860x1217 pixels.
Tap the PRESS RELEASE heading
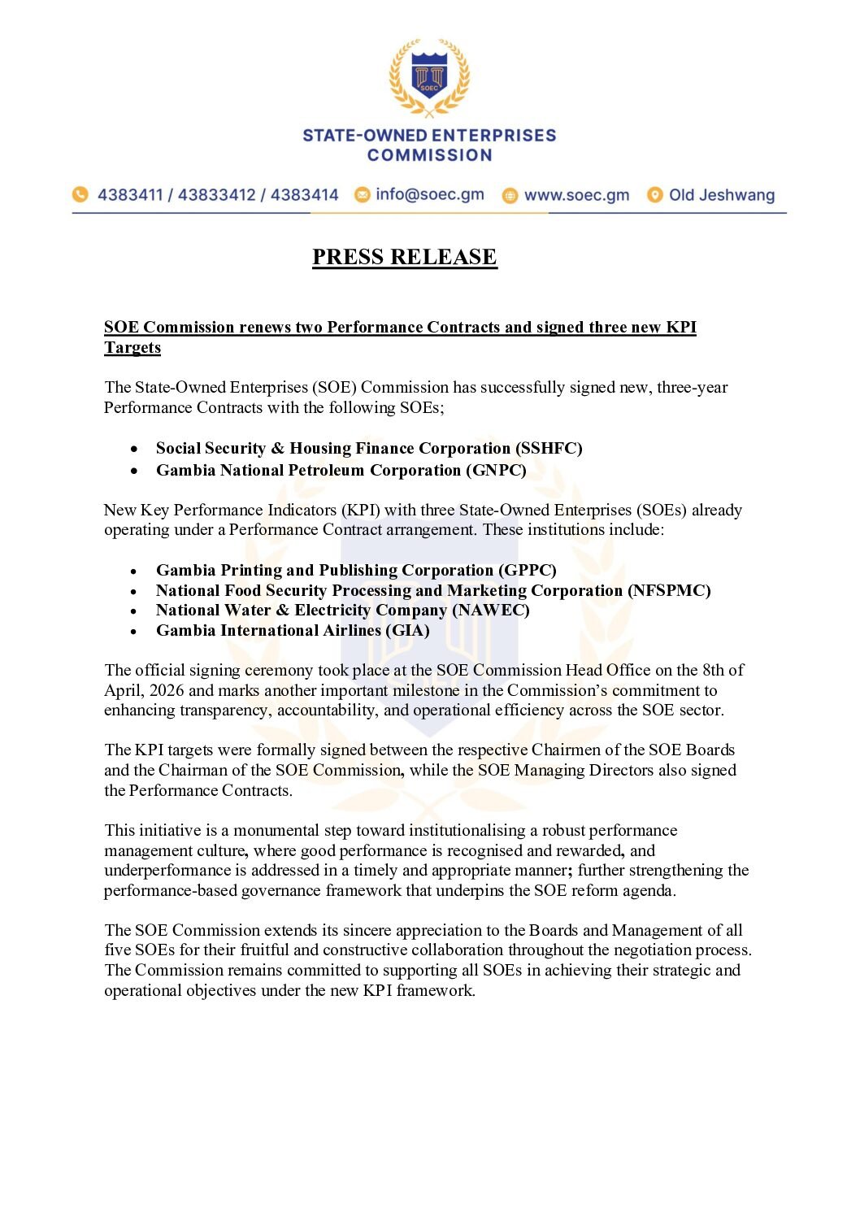coord(404,257)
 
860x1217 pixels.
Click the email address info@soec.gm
coord(429,194)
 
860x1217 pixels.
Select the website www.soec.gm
coord(576,195)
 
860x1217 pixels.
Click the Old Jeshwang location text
coord(721,195)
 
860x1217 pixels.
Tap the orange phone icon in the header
coord(80,194)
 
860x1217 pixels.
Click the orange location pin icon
coord(654,195)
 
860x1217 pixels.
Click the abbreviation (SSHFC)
coord(549,449)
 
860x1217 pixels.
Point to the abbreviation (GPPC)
coord(528,571)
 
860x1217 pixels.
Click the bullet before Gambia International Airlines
coord(133,632)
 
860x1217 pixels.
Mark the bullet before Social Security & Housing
coord(133,450)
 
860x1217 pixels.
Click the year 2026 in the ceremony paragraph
coord(166,691)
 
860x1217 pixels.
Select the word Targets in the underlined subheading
coord(132,348)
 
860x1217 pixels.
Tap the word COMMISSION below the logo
coord(429,155)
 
